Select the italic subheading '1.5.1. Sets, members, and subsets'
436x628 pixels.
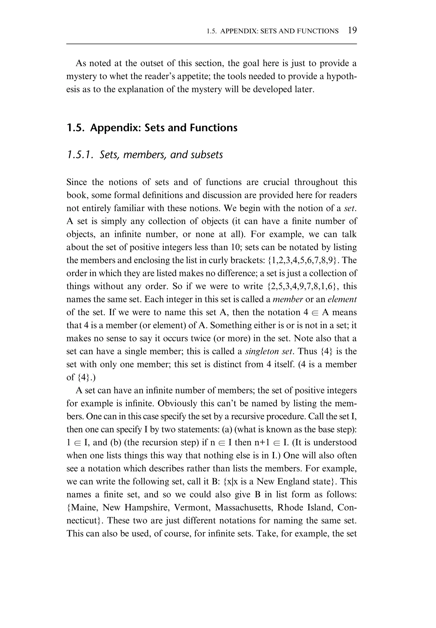145,155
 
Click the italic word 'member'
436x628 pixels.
288,299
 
